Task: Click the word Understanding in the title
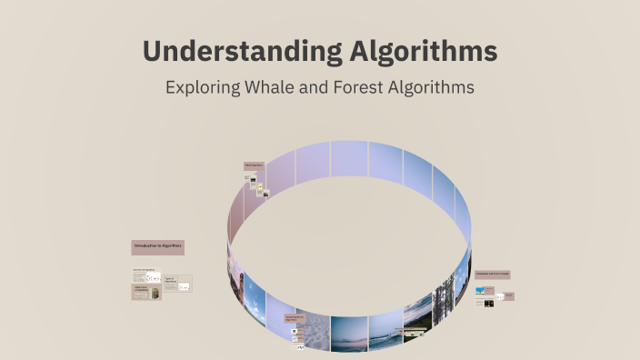[x=242, y=51]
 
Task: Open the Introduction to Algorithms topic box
[x=157, y=246]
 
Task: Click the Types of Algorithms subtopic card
[x=177, y=283]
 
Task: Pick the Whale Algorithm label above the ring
[x=254, y=165]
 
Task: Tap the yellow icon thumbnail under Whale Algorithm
[x=260, y=187]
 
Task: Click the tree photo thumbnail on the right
[x=480, y=290]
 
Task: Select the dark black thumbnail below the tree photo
[x=489, y=303]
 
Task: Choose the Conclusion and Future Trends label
[x=492, y=274]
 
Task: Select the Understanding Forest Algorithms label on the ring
[x=291, y=318]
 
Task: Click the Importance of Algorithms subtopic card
[x=146, y=292]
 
